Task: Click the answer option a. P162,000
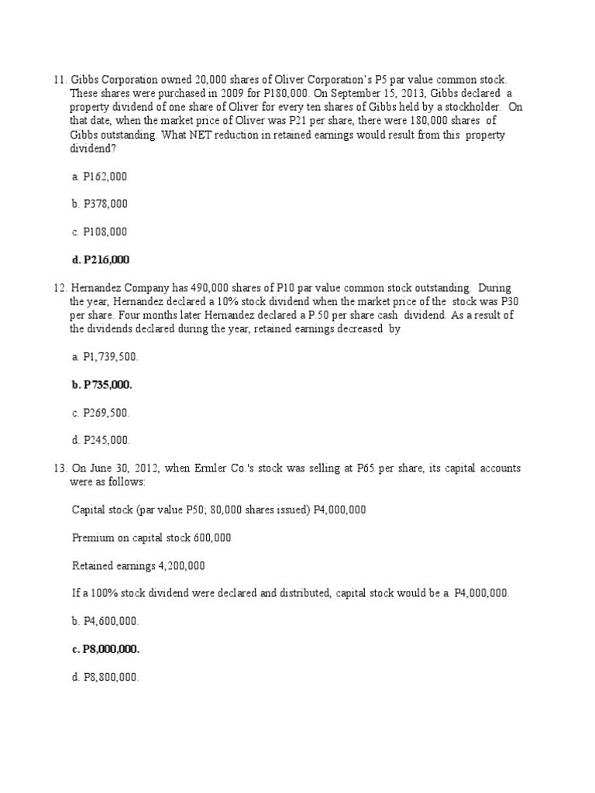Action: click(x=99, y=177)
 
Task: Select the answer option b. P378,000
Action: click(x=99, y=204)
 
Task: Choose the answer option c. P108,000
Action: click(x=99, y=232)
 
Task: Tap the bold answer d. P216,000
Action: click(x=100, y=259)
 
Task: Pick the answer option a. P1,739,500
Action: click(x=105, y=356)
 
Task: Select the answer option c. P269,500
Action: click(x=101, y=412)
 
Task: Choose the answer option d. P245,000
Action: click(x=101, y=440)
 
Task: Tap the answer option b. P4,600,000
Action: click(x=105, y=621)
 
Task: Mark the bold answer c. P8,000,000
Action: click(x=106, y=649)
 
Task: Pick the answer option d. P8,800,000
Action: click(x=105, y=677)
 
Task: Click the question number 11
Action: click(x=60, y=80)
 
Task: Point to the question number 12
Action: click(x=60, y=287)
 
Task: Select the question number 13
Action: click(x=60, y=469)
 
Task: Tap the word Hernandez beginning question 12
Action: click(x=96, y=287)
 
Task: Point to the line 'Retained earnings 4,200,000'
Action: click(x=139, y=565)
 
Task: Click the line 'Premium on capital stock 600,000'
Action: click(x=151, y=537)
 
